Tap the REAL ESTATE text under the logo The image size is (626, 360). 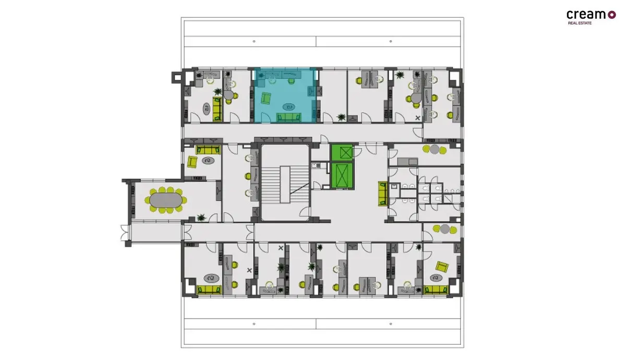point(580,23)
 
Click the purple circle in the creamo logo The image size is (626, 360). point(612,15)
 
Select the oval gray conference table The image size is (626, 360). point(165,200)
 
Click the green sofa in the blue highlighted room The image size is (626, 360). point(289,117)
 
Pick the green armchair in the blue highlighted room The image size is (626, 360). point(266,99)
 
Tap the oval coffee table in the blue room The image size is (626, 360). point(289,107)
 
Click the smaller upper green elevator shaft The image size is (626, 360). point(342,152)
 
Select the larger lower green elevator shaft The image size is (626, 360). point(342,176)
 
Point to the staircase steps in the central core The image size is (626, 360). point(285,185)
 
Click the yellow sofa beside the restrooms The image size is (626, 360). point(383,194)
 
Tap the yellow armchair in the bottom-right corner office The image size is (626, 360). point(442,267)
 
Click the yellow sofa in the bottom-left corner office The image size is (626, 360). point(209,290)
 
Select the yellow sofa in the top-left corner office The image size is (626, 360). point(217,109)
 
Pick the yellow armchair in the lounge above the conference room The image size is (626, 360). point(192,162)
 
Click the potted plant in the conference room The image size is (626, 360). point(201,217)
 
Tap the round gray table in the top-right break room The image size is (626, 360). point(434,149)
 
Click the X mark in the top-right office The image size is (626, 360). point(417,118)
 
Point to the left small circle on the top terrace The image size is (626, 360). point(254,41)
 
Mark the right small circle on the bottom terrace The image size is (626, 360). point(391,324)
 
